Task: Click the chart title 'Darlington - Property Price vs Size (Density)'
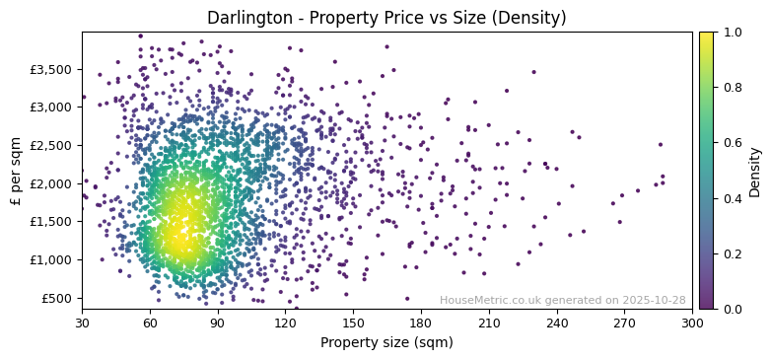click(x=386, y=18)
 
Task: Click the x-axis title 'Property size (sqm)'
click(x=386, y=343)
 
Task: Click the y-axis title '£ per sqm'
click(x=16, y=171)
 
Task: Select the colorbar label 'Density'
click(x=755, y=171)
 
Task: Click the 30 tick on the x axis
click(x=82, y=323)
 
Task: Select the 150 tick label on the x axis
click(x=353, y=323)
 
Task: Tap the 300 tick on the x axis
click(x=692, y=323)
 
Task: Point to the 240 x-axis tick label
click(x=556, y=323)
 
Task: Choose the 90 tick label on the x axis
click(x=218, y=323)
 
